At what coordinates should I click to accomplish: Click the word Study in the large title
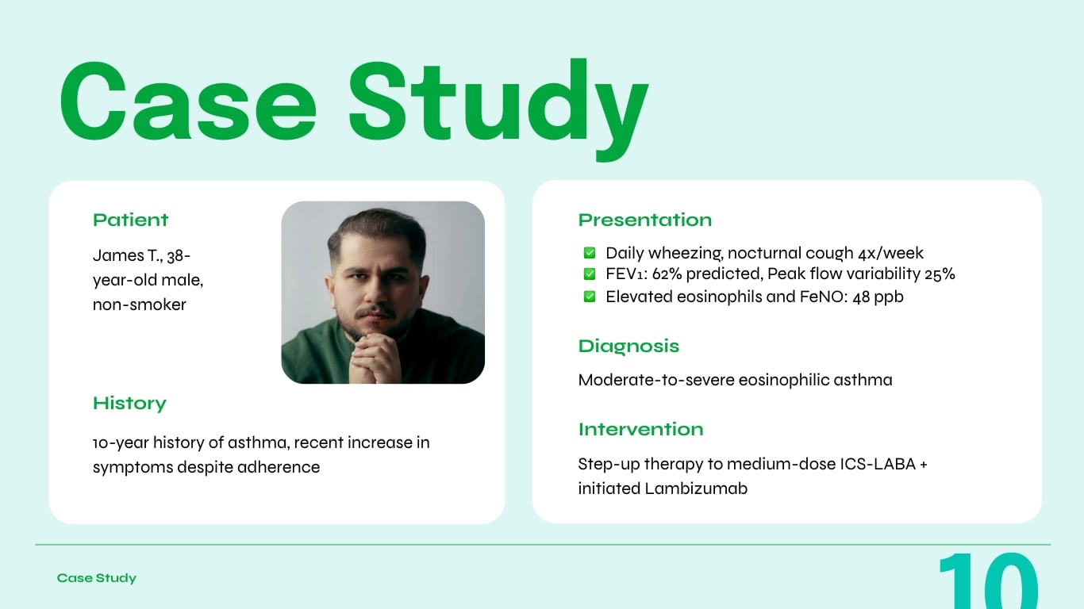498,101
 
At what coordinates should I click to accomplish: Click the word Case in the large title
188,101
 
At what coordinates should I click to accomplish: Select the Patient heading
131,220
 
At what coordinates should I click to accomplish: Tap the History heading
129,403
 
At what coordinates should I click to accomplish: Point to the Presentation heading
644,220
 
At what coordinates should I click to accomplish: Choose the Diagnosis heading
628,346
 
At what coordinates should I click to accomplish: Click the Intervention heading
640,429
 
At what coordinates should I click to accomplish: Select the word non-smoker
140,304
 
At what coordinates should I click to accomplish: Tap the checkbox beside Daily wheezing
590,253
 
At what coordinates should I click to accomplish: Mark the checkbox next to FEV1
590,274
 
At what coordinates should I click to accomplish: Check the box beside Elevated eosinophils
590,297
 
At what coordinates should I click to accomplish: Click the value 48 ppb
878,297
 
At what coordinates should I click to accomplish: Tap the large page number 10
988,581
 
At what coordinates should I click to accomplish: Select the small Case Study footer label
97,578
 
